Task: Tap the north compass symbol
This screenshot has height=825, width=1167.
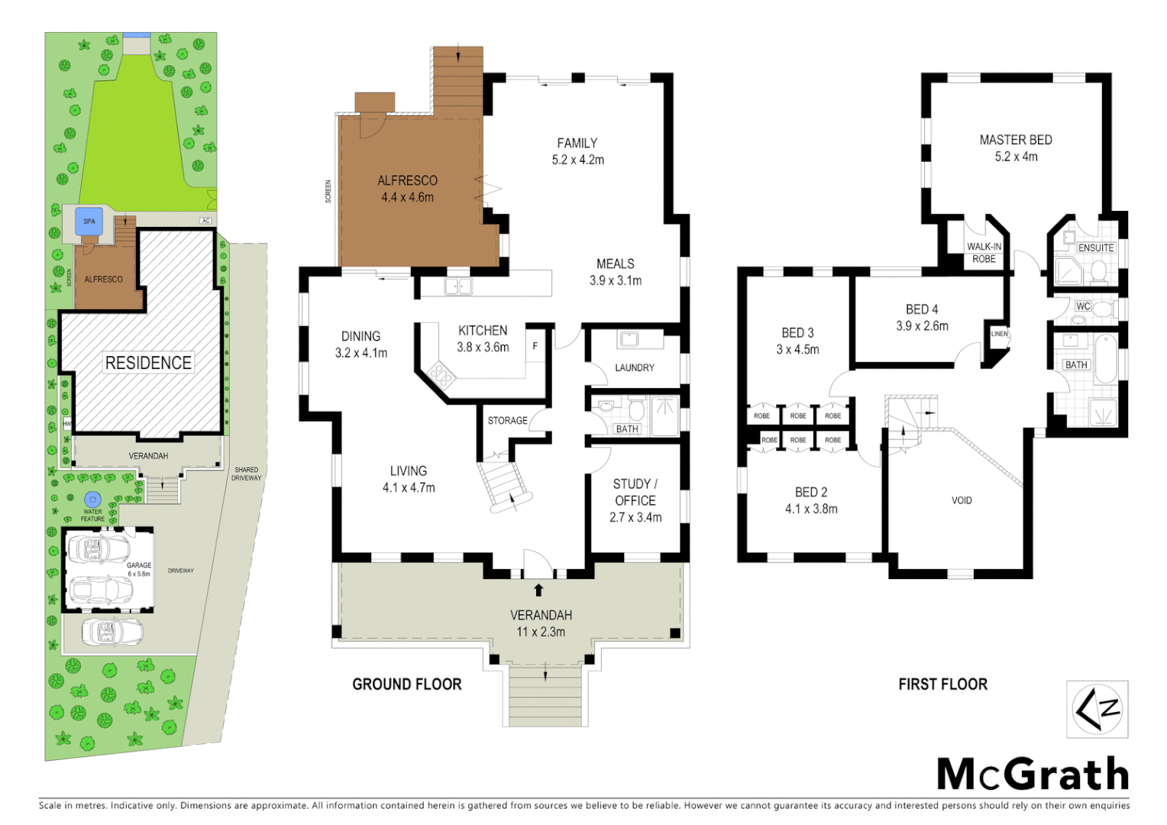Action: pos(1097,710)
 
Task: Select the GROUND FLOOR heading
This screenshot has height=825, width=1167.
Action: pos(406,684)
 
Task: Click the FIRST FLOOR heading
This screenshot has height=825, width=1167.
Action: pos(942,684)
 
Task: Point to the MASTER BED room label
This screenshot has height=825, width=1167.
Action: pos(1016,141)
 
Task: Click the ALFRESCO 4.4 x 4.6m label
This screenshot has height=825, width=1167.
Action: pos(407,189)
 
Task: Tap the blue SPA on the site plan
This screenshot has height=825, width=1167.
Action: pos(89,222)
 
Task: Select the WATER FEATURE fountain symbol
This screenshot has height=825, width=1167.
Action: pos(92,500)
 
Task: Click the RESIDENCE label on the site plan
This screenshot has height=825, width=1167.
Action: pos(148,363)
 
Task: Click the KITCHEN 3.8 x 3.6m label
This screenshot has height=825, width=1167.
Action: pos(483,338)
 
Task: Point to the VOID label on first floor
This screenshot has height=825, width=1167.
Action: pos(962,500)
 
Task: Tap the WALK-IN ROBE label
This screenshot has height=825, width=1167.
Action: pos(984,253)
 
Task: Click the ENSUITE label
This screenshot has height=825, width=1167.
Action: pos(1095,248)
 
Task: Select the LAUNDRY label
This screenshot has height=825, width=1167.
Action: pos(634,367)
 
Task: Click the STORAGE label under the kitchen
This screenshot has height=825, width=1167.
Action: pos(507,421)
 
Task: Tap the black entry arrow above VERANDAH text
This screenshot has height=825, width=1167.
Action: pos(538,590)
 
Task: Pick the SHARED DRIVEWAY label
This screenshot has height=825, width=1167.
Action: pos(246,474)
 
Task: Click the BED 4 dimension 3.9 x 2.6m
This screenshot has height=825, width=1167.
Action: pos(922,326)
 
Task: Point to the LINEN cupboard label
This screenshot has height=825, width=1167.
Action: pos(999,334)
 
